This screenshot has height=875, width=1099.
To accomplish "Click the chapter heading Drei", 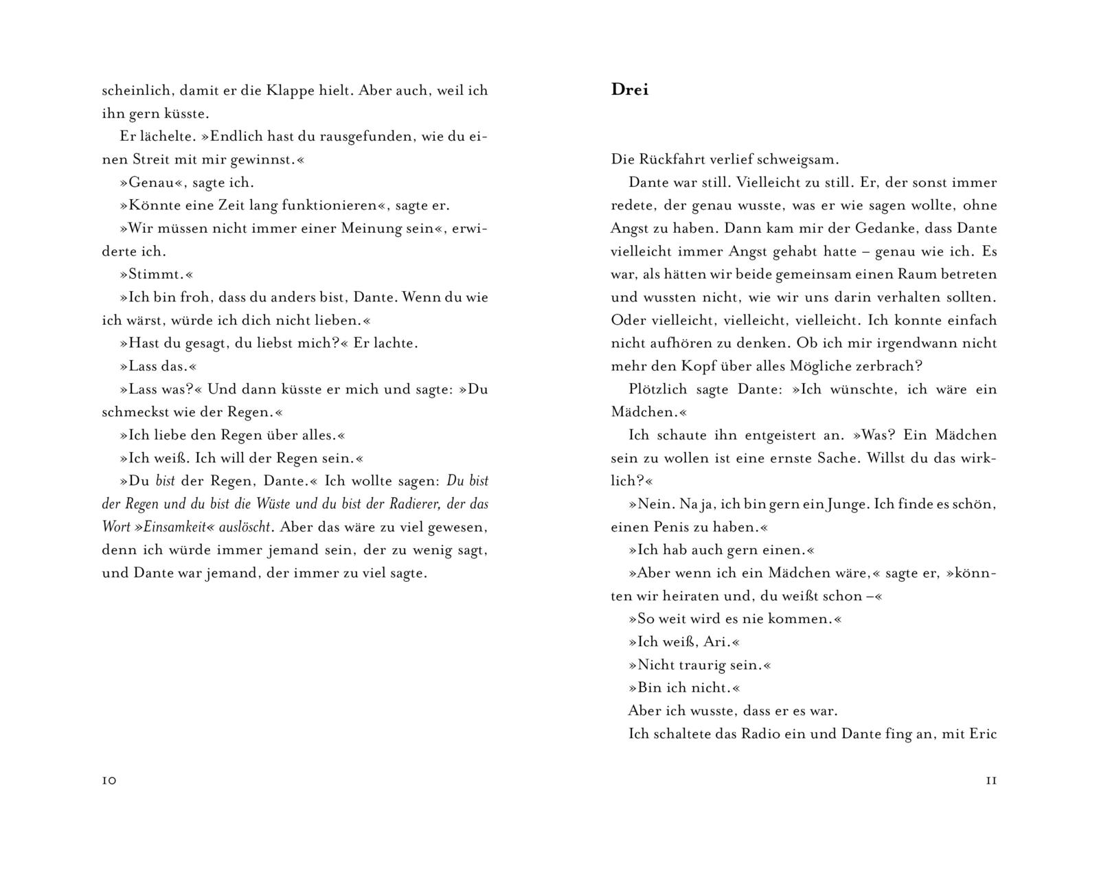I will (x=629, y=90).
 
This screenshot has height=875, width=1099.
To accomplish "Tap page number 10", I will (x=109, y=781).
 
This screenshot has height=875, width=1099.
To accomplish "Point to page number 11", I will (x=991, y=781).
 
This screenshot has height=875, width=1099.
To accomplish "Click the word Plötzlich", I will (x=657, y=389).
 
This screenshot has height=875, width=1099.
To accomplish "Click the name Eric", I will (x=982, y=734).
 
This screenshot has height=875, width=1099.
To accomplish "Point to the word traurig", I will (x=701, y=665).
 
